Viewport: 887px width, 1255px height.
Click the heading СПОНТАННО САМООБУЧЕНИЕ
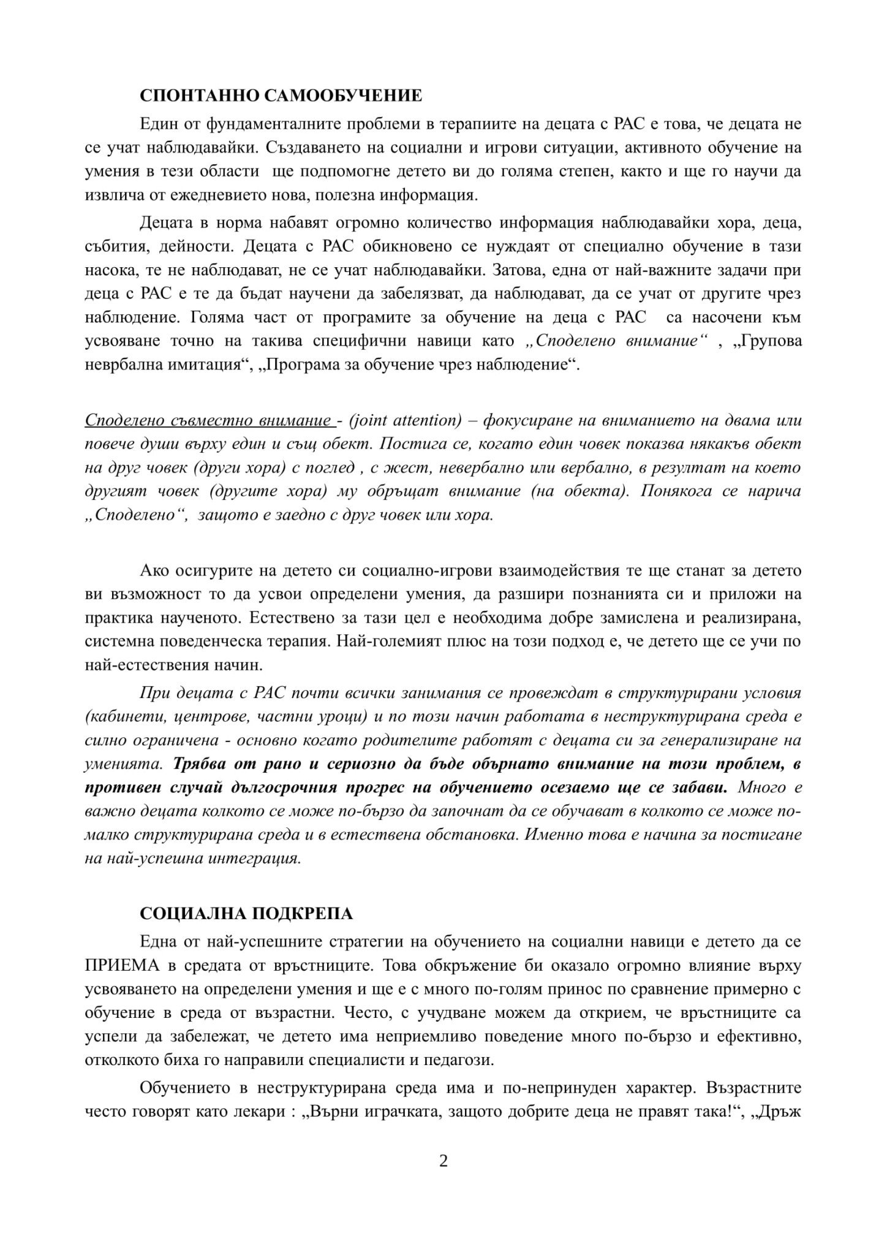(x=281, y=96)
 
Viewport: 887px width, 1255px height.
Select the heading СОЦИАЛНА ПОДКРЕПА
(x=246, y=914)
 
